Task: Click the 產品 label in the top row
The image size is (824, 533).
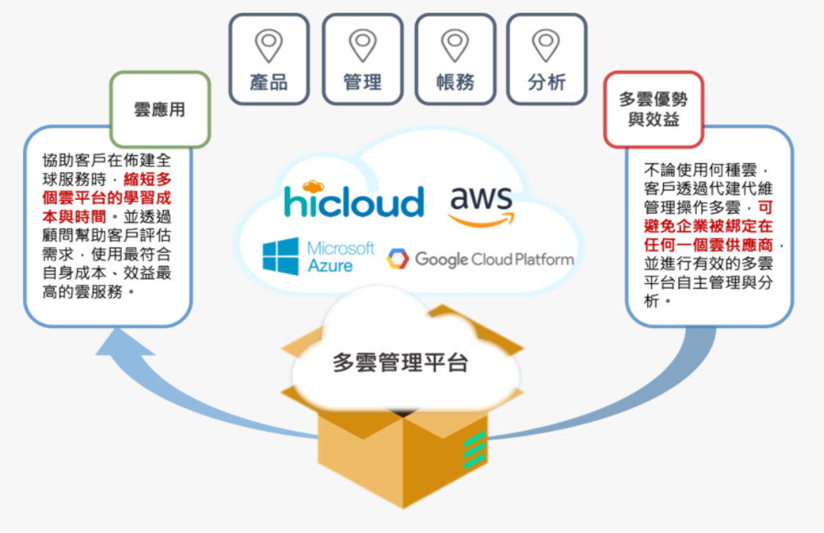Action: (x=269, y=82)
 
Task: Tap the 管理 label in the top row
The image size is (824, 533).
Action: (x=362, y=82)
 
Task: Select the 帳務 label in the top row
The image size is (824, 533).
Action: (x=455, y=82)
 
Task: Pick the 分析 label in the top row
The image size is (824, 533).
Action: (x=547, y=82)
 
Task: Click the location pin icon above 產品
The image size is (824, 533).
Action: (x=269, y=45)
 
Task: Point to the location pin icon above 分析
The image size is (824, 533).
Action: (x=547, y=45)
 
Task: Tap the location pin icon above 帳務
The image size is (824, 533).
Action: (x=455, y=45)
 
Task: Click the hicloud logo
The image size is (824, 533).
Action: (x=354, y=200)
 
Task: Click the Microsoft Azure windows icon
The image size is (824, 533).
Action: (x=281, y=256)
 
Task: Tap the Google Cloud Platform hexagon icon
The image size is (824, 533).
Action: (x=397, y=259)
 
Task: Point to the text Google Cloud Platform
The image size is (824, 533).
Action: (x=494, y=259)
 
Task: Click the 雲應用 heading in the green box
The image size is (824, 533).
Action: (x=159, y=110)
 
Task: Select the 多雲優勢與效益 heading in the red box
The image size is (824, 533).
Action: (x=653, y=110)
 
